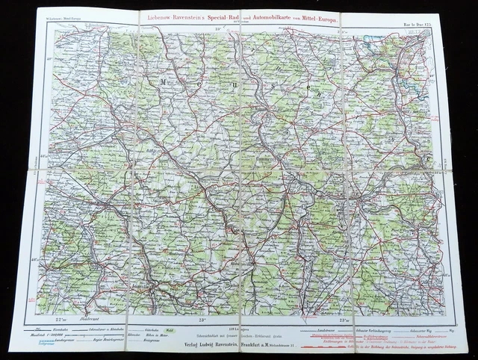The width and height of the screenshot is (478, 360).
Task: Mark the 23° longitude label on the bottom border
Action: click(x=202, y=320)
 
